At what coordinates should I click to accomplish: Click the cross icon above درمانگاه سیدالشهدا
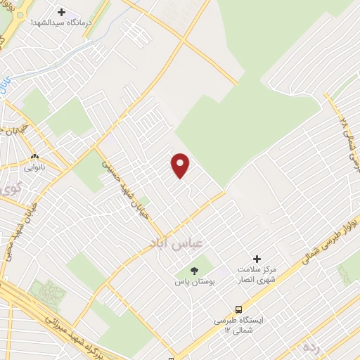tap(61, 12)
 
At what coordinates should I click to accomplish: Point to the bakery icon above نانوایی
tap(34, 156)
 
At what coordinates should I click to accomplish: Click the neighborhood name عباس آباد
tap(176, 241)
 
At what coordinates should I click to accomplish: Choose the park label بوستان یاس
tap(194, 281)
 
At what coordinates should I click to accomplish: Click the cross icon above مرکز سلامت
tap(257, 259)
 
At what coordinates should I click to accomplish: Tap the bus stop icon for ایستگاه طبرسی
tap(240, 309)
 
